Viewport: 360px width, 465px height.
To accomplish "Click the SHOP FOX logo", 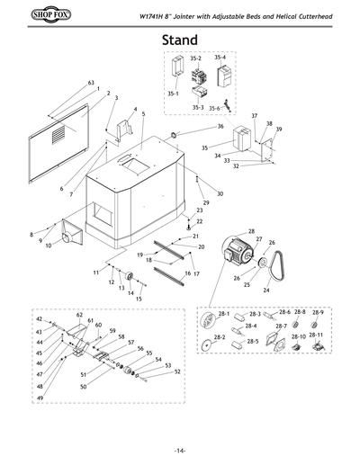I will click(35, 15).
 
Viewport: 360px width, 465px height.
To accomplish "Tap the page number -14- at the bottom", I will click(180, 450).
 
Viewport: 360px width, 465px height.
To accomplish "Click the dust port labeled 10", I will click(70, 236).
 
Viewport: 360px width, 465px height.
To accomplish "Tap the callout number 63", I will click(91, 83).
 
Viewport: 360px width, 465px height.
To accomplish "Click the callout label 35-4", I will click(220, 57).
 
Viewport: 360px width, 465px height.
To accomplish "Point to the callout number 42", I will click(39, 319).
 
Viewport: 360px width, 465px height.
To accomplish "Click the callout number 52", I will click(178, 371).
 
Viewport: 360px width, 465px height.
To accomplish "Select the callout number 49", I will click(39, 398).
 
